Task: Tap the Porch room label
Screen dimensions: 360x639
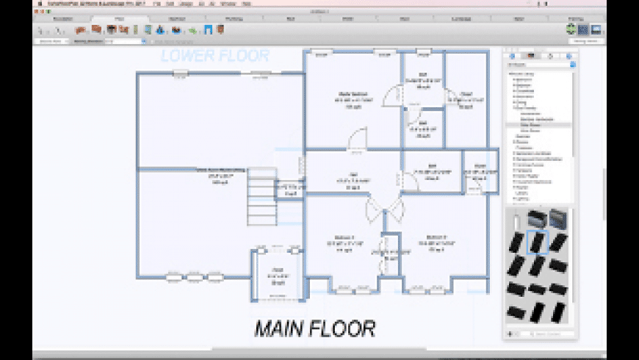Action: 278,275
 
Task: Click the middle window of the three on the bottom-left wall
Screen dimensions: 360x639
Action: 194,277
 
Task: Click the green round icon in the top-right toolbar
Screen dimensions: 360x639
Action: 571,29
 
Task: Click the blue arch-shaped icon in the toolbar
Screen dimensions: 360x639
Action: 209,30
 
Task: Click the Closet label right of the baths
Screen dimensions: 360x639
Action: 466,98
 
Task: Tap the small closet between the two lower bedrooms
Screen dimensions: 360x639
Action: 389,254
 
